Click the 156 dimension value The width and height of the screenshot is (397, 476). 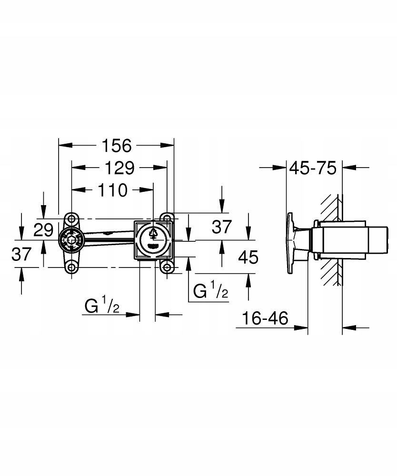117,146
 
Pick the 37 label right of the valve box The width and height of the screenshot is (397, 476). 221,227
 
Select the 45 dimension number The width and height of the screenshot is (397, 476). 248,258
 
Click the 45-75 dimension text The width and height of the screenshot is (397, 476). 314,168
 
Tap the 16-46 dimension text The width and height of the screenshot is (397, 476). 265,318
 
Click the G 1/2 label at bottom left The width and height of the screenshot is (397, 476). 102,306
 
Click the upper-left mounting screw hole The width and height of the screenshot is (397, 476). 71,218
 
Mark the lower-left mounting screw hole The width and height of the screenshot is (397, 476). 71,267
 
